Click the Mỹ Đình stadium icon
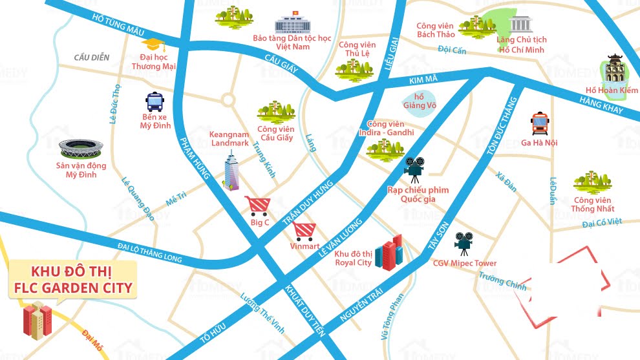81,149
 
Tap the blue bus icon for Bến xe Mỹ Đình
155,102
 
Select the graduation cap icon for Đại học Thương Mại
153,44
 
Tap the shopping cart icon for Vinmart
304,231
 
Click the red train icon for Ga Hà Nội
539,123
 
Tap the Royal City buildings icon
390,253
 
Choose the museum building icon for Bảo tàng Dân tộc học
292,25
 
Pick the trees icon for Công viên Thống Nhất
592,182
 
